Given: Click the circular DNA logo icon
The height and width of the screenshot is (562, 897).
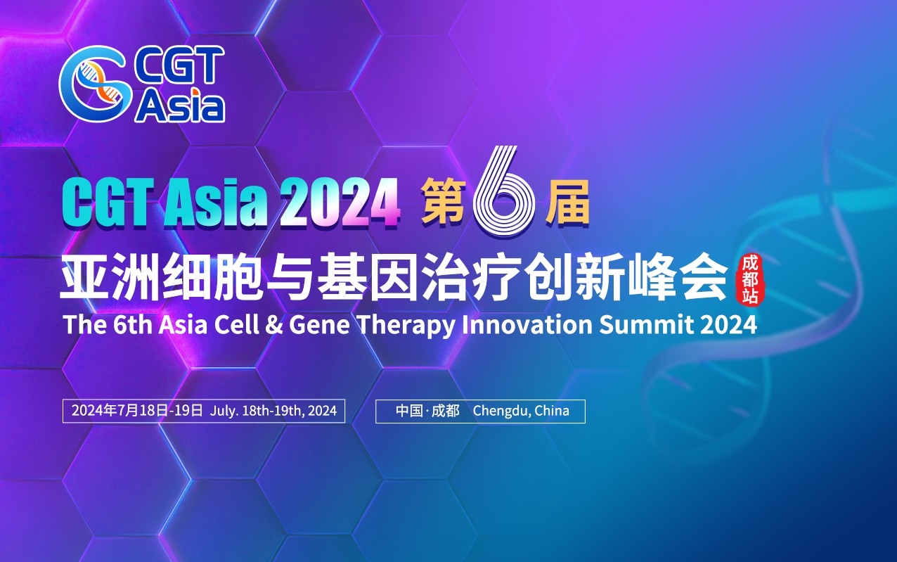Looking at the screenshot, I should pyautogui.click(x=96, y=87).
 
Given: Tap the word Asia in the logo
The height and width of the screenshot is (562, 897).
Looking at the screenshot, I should pyautogui.click(x=181, y=106).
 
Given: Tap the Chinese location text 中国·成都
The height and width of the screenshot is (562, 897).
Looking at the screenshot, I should pyautogui.click(x=427, y=411).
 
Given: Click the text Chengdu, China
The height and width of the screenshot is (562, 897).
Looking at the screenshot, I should pyautogui.click(x=521, y=411).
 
